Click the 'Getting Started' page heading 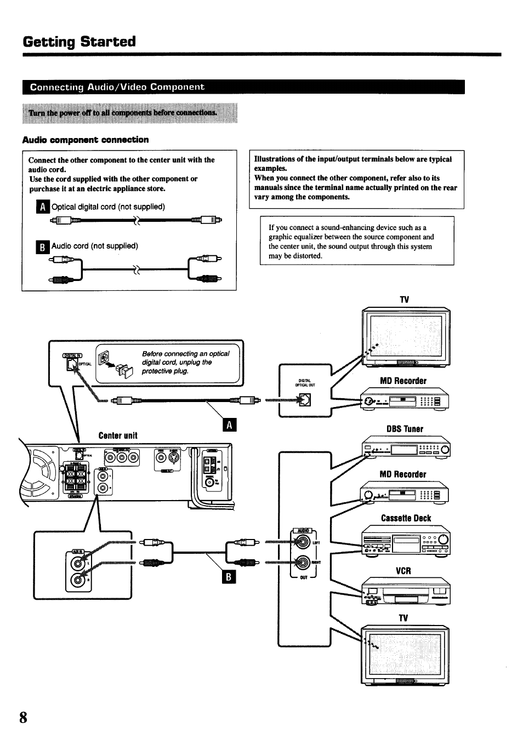pyautogui.click(x=79, y=42)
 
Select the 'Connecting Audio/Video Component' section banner pyautogui.click(x=117, y=87)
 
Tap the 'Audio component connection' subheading pyautogui.click(x=86, y=140)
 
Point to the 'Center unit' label pyautogui.click(x=118, y=435)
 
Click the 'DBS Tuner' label pyautogui.click(x=405, y=429)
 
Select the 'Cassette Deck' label pyautogui.click(x=406, y=518)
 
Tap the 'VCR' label pyautogui.click(x=403, y=571)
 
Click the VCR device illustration pyautogui.click(x=406, y=591)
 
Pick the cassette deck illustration pyautogui.click(x=406, y=541)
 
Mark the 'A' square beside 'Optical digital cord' pyautogui.click(x=42, y=207)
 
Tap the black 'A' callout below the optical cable pyautogui.click(x=230, y=425)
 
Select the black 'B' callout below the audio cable pyautogui.click(x=230, y=577)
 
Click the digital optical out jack pyautogui.click(x=304, y=400)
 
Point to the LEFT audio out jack pyautogui.click(x=302, y=542)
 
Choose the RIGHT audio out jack pyautogui.click(x=302, y=562)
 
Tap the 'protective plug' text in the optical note pyautogui.click(x=164, y=371)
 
